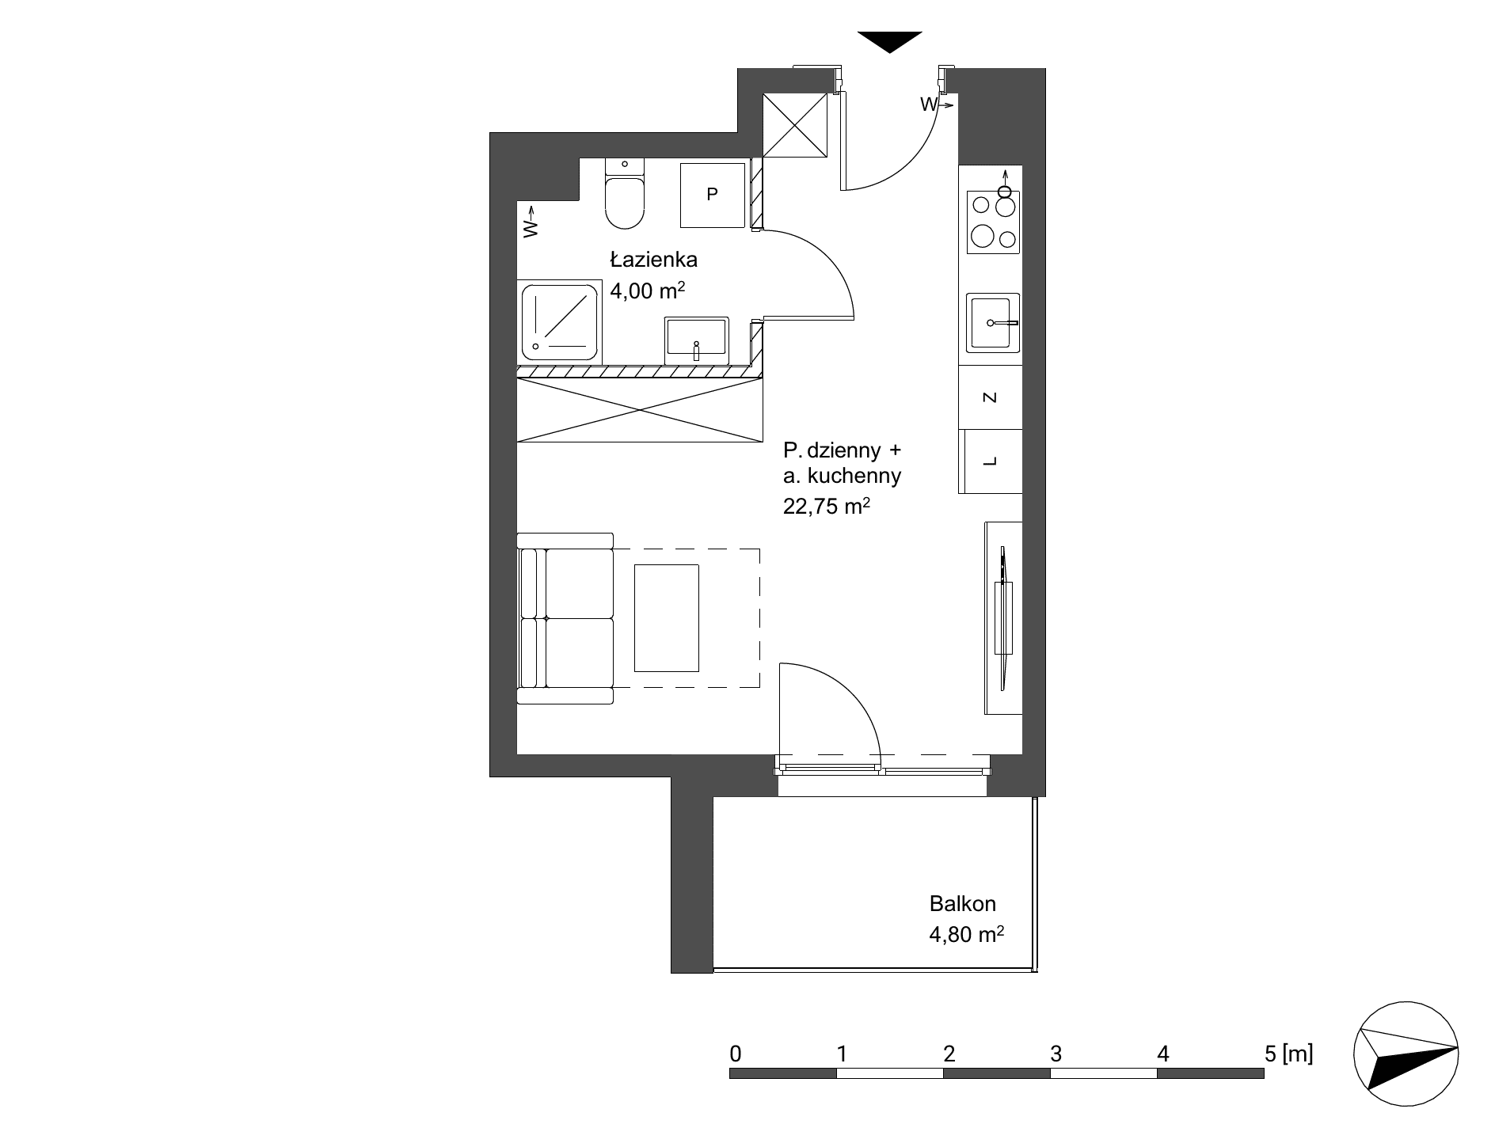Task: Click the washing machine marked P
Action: pos(713,195)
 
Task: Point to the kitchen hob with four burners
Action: pos(993,222)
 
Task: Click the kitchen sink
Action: pos(993,323)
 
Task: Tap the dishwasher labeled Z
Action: pos(990,397)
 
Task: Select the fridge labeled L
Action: pos(990,461)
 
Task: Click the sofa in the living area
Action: pos(565,618)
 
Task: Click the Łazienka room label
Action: pos(653,260)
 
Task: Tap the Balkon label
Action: pos(963,903)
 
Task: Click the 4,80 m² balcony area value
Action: pos(967,935)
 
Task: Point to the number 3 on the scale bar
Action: pos(1056,1054)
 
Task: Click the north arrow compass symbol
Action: pos(1406,1057)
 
